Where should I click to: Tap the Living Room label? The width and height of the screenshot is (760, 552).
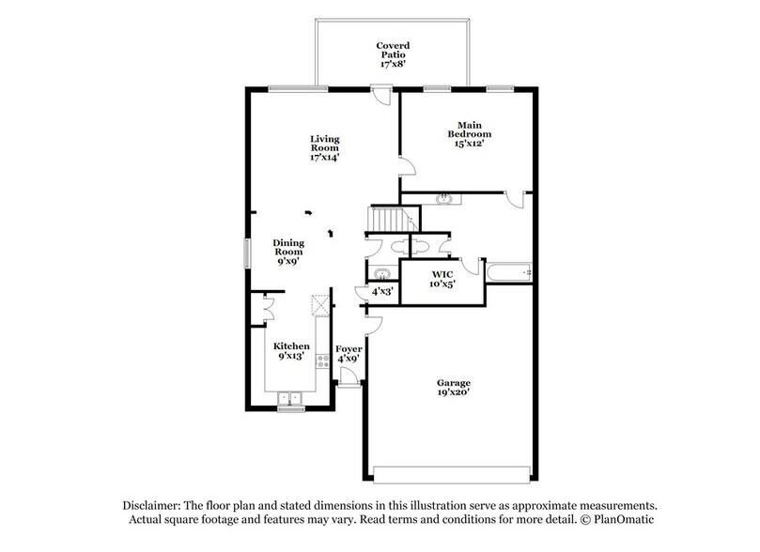(x=325, y=148)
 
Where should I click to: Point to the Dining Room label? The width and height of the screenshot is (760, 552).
(x=288, y=253)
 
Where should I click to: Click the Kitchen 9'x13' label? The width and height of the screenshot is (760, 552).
(x=291, y=352)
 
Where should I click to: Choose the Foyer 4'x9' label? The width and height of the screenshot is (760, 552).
(x=349, y=354)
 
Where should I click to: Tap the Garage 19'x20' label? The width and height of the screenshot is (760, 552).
(x=453, y=389)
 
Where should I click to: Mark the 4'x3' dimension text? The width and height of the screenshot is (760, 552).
(x=382, y=292)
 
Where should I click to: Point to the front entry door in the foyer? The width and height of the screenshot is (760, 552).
(x=348, y=376)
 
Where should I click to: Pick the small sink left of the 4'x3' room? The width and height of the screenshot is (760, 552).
(x=380, y=274)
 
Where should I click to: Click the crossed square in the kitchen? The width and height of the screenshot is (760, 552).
(x=320, y=304)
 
